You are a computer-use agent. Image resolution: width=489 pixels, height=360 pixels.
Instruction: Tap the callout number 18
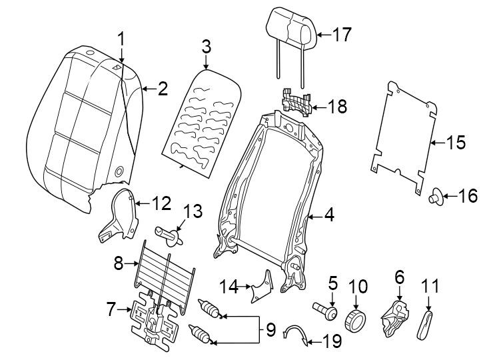pyautogui.click(x=338, y=107)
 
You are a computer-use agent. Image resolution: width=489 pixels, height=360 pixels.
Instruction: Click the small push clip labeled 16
pyautogui.click(x=435, y=196)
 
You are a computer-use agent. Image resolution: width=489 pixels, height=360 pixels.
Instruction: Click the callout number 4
pyautogui.click(x=328, y=215)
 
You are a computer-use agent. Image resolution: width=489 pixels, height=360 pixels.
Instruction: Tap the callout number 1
pyautogui.click(x=121, y=39)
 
